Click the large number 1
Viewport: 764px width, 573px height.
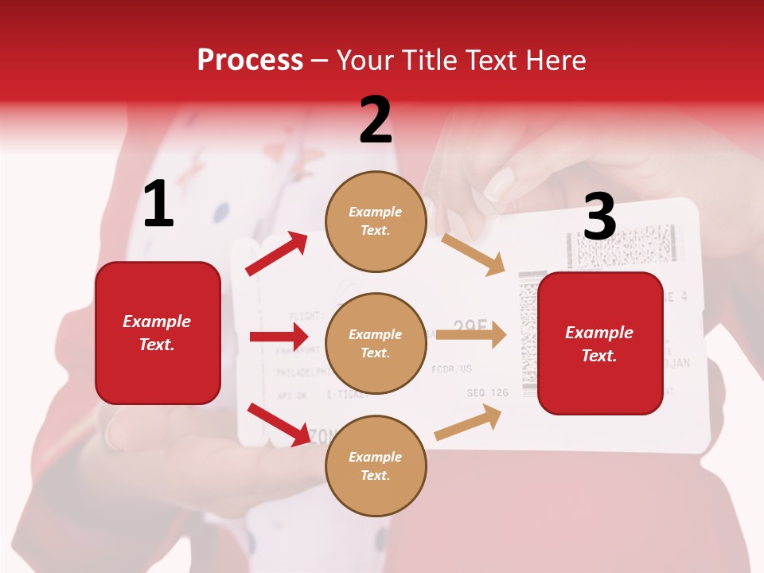(x=158, y=205)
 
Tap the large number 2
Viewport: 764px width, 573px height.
(x=376, y=120)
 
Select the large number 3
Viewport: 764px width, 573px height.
(x=599, y=216)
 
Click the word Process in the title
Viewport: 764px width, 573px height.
(x=250, y=60)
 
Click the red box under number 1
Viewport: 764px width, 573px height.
(x=158, y=333)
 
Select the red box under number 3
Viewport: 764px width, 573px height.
(x=600, y=344)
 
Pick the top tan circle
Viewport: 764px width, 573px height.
(x=376, y=221)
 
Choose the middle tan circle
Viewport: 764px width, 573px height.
(x=376, y=343)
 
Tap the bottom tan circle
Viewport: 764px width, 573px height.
(x=376, y=466)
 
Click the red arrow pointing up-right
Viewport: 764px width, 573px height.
(x=277, y=254)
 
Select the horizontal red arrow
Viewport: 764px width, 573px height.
(x=279, y=337)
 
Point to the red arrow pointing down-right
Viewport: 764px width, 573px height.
(x=279, y=423)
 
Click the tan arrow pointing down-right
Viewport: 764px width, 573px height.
(x=474, y=255)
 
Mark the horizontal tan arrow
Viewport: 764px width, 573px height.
(x=471, y=334)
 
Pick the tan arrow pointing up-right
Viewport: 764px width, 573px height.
(x=469, y=423)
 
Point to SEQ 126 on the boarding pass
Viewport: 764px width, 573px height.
(x=487, y=392)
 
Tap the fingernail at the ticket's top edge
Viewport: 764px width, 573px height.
(x=499, y=185)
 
